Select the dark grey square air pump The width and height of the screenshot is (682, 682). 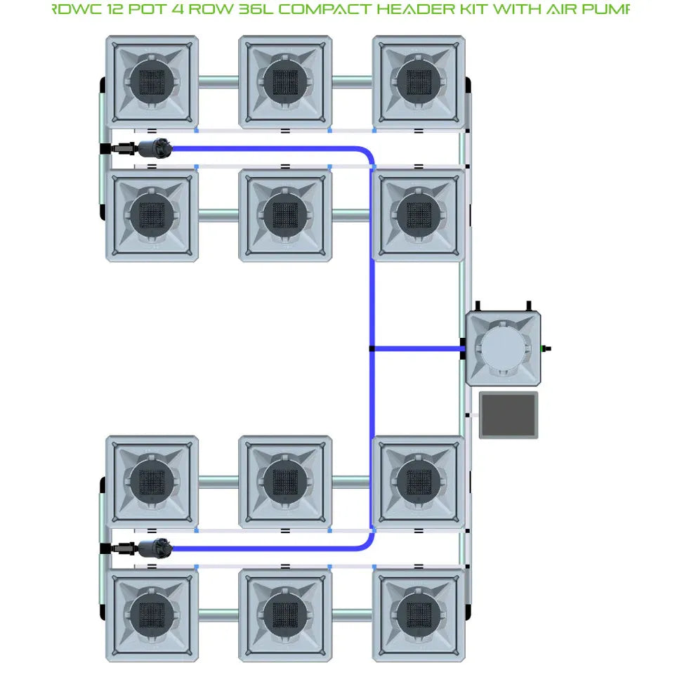[x=509, y=415]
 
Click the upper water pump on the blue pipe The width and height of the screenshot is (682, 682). [x=154, y=149]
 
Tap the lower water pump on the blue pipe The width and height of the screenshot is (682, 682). [x=154, y=549]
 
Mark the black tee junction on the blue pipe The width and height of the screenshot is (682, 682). [x=372, y=348]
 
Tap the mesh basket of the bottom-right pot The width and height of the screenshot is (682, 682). [x=419, y=615]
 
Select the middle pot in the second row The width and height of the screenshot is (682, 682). [x=285, y=215]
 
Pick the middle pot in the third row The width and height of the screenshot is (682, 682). [x=285, y=482]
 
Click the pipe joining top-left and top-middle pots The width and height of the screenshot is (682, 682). [x=218, y=81]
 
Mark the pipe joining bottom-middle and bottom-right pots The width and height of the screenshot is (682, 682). [x=351, y=615]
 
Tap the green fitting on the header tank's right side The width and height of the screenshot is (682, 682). [x=543, y=348]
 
